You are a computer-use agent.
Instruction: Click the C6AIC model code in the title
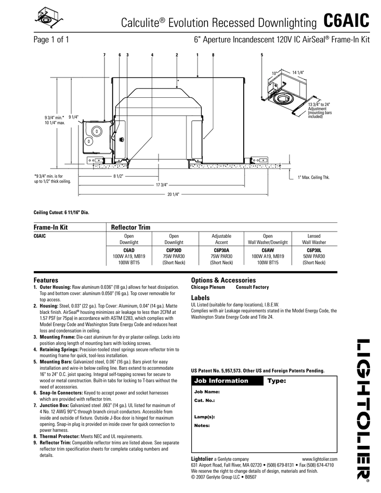pos(346,22)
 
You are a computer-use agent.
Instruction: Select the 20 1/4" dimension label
pos(173,194)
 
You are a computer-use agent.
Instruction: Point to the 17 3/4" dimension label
pos(161,185)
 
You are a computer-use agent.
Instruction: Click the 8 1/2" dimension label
pos(118,176)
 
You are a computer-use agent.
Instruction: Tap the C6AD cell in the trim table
pos(129,250)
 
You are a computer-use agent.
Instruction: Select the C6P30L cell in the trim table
pos(314,250)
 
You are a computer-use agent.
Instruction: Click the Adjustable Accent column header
pos(222,239)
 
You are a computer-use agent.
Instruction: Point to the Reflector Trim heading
pos(131,227)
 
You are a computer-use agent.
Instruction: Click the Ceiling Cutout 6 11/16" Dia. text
pos(61,212)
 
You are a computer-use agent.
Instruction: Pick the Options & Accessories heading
pos(223,280)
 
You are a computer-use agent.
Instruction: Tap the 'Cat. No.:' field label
pos(204,400)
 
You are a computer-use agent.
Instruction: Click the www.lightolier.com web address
pos(319,460)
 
